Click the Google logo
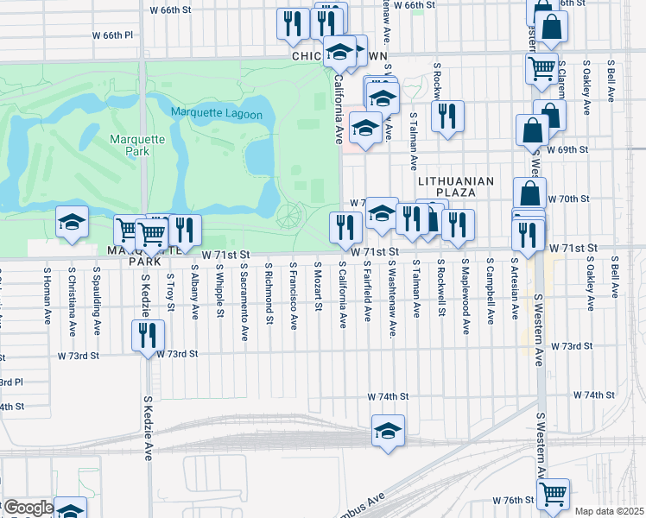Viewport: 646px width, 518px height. (x=28, y=508)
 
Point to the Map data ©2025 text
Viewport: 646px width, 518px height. (x=609, y=511)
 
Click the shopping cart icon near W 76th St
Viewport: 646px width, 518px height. (x=553, y=495)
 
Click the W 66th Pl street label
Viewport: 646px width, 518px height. (x=113, y=35)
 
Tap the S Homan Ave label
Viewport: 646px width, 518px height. (x=48, y=294)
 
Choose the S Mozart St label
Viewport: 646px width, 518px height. (x=318, y=284)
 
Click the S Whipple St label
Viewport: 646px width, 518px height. (x=220, y=291)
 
